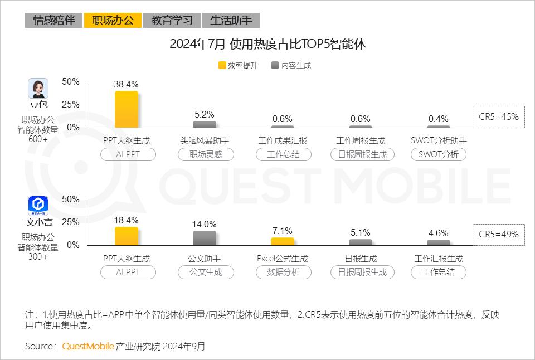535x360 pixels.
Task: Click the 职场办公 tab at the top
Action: pos(113,21)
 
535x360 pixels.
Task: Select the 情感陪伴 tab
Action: pos(54,21)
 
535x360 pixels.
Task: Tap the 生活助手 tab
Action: pos(231,21)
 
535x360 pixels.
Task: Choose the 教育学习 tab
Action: pos(172,21)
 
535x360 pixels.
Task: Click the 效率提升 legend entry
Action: pos(238,65)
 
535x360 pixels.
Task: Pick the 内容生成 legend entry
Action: pos(291,65)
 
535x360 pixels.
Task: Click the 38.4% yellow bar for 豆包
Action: pos(127,110)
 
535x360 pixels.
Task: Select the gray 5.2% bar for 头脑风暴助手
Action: pos(205,124)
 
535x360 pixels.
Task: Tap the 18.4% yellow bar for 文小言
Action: pos(127,236)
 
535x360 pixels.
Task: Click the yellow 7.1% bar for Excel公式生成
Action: pos(283,241)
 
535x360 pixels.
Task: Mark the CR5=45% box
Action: pos(498,117)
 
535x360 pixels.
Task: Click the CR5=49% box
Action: pos(498,235)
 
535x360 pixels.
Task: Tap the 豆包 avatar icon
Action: pos(38,89)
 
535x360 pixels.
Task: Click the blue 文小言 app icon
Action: pos(38,206)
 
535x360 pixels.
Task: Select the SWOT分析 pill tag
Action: pos(439,154)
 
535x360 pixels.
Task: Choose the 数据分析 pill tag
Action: pos(283,272)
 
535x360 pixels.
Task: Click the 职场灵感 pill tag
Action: pos(206,154)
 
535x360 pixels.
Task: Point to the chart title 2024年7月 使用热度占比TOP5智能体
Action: pos(267,45)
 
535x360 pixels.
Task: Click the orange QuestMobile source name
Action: pos(88,346)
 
